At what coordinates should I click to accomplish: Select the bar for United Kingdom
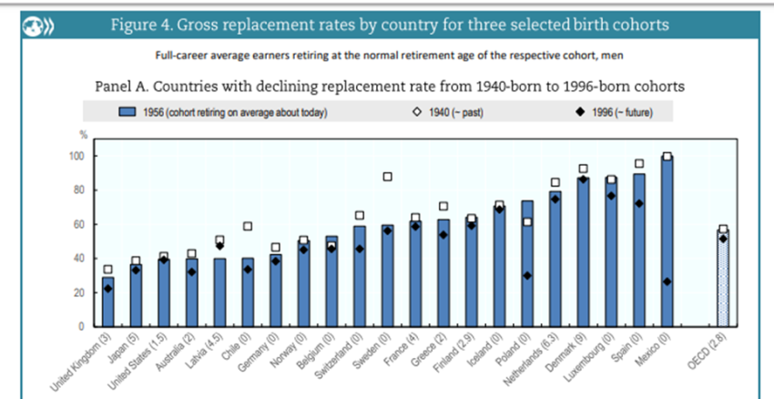coord(108,302)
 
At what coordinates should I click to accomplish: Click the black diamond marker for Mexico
coord(667,281)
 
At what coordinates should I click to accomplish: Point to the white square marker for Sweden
coord(387,177)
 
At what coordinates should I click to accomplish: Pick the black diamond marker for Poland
coord(527,275)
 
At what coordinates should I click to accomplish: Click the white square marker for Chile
coord(248,226)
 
